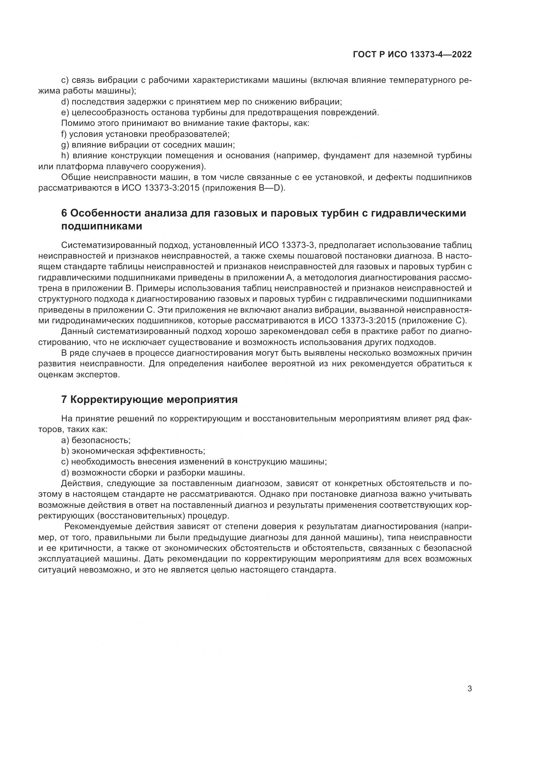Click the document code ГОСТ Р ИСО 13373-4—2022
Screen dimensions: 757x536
pyautogui.click(x=412, y=55)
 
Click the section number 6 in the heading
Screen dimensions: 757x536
pyautogui.click(x=64, y=213)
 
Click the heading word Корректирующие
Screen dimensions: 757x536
pyautogui.click(x=117, y=399)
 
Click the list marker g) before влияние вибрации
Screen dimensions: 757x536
pyautogui.click(x=65, y=144)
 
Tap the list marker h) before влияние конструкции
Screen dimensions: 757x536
pyautogui.click(x=65, y=155)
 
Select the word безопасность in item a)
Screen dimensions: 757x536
pyautogui.click(x=101, y=440)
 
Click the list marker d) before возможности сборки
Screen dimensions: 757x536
pyautogui.click(x=65, y=473)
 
